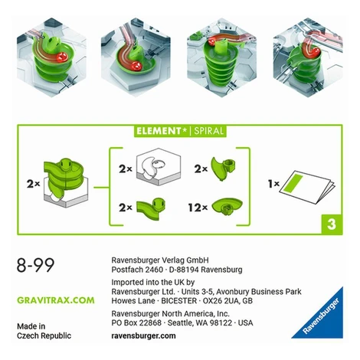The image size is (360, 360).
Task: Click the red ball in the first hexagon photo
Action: pos(62,57)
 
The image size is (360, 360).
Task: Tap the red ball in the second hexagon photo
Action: pos(136,67)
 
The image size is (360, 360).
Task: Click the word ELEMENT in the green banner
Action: pos(159,131)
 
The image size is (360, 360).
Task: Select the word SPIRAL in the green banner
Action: pos(209,131)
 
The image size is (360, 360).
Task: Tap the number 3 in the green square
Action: pos(332,224)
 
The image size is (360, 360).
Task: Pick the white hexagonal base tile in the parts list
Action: pos(159,166)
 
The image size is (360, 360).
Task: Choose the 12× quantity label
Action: pos(198,208)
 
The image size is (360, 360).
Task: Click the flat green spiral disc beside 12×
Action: pos(227,206)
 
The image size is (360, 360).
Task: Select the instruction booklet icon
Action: pos(307,187)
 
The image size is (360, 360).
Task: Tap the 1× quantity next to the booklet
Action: pos(273,184)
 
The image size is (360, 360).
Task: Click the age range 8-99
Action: pos(35,265)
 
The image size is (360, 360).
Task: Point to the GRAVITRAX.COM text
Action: pos(56,300)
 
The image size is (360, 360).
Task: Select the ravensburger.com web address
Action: pos(143,335)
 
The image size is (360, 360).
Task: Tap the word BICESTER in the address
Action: pos(179,301)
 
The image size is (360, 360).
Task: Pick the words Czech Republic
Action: pos(44,335)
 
